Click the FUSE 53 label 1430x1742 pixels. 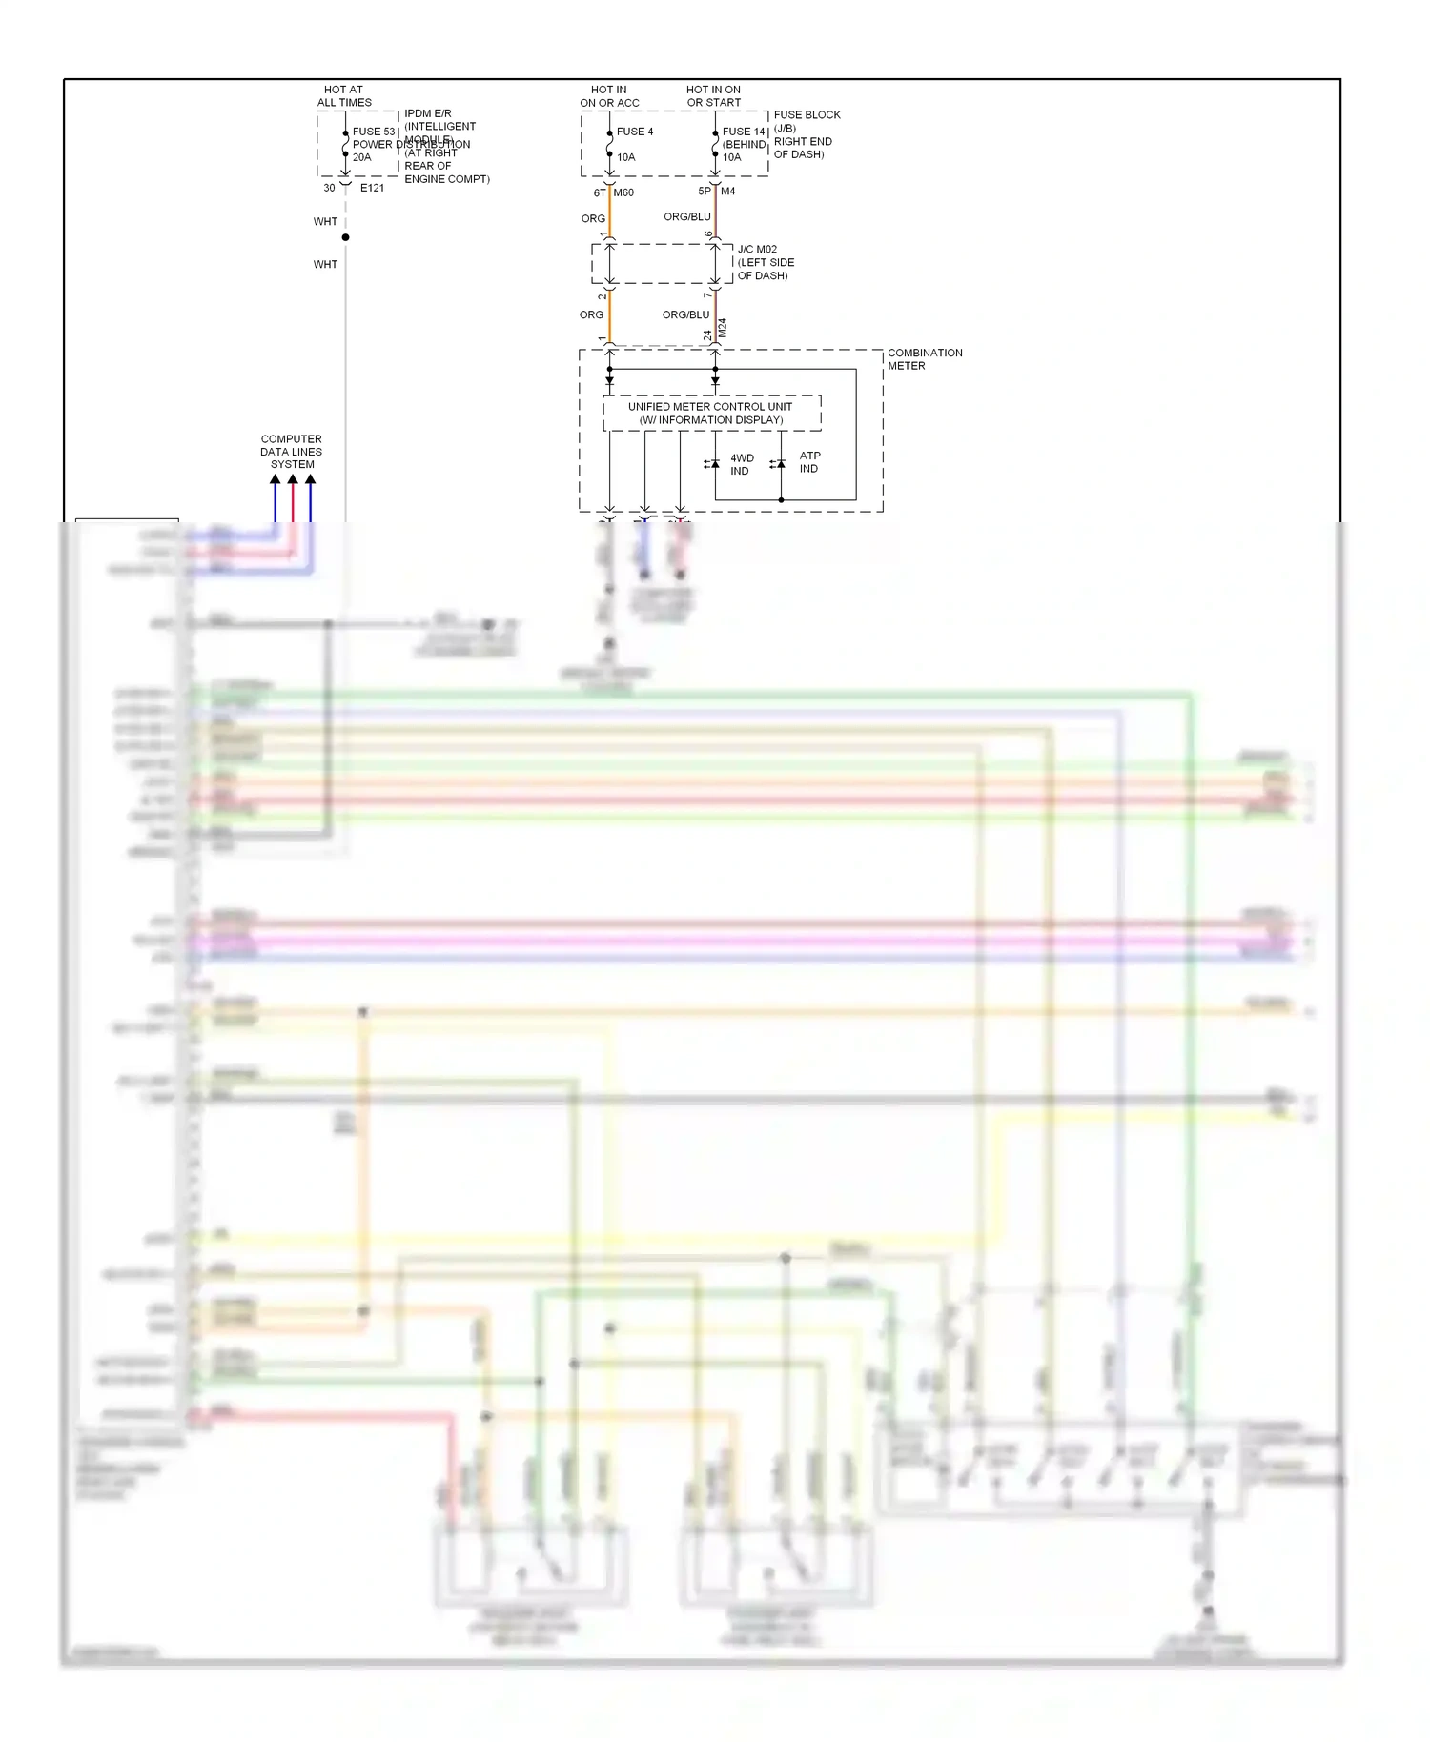tap(373, 132)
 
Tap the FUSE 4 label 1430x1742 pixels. tap(635, 132)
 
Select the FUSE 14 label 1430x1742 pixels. tap(744, 132)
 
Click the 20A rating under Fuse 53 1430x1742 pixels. tap(361, 157)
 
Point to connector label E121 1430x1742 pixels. tap(372, 188)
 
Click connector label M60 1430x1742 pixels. tap(623, 192)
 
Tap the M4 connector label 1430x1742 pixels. tap(727, 192)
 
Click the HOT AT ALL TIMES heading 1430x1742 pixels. tap(344, 96)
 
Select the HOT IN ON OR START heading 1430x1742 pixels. tap(713, 96)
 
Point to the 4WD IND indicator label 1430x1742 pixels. tap(741, 464)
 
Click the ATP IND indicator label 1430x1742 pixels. tap(809, 462)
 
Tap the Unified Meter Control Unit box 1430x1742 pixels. tap(711, 413)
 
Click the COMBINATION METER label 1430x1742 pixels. tap(924, 359)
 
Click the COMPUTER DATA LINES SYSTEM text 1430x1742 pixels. tap(292, 452)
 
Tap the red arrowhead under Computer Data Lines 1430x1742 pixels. tap(293, 480)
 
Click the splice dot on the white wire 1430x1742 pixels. tap(345, 237)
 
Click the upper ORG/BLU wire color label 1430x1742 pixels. tap(686, 217)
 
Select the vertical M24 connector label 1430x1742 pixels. tap(722, 329)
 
